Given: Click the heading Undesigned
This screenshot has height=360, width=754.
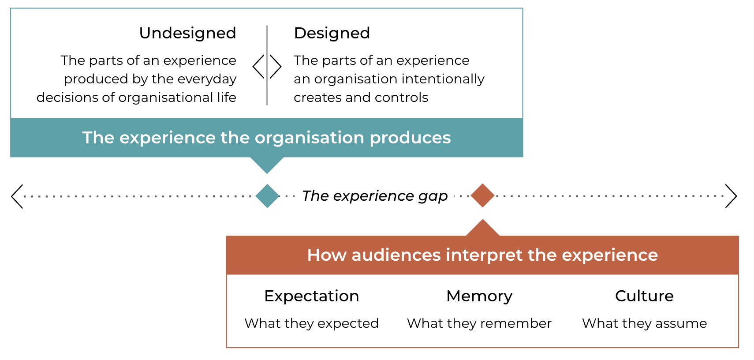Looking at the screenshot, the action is pyautogui.click(x=187, y=33).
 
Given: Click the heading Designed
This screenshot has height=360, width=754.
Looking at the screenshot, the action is pyautogui.click(x=332, y=33).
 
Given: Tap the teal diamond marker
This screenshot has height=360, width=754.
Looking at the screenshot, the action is pyautogui.click(x=267, y=196).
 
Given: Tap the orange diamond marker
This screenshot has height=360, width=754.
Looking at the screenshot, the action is pyautogui.click(x=482, y=195).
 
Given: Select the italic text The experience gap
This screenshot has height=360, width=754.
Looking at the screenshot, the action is pyautogui.click(x=375, y=196).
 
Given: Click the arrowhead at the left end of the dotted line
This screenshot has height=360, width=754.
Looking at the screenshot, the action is pyautogui.click(x=17, y=196).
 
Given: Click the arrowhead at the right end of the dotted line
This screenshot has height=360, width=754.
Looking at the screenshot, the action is pyautogui.click(x=731, y=196).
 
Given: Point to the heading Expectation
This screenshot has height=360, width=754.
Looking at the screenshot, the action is pyautogui.click(x=312, y=296).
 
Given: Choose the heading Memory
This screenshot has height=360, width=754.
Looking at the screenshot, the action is pyautogui.click(x=479, y=296).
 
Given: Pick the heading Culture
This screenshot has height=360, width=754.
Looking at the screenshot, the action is pyautogui.click(x=644, y=296).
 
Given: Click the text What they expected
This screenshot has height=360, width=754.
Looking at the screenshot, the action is pyautogui.click(x=312, y=323).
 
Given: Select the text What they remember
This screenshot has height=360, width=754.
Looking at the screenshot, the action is pyautogui.click(x=479, y=323).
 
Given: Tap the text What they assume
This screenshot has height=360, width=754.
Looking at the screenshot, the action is pyautogui.click(x=645, y=323).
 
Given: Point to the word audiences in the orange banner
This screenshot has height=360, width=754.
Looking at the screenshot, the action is pyautogui.click(x=396, y=255).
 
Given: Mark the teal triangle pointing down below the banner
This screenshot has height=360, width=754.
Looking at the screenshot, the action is pyautogui.click(x=267, y=164).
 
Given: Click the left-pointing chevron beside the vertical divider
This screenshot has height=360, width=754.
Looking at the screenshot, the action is pyautogui.click(x=258, y=67).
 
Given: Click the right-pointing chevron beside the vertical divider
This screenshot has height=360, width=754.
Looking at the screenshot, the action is pyautogui.click(x=276, y=67).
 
